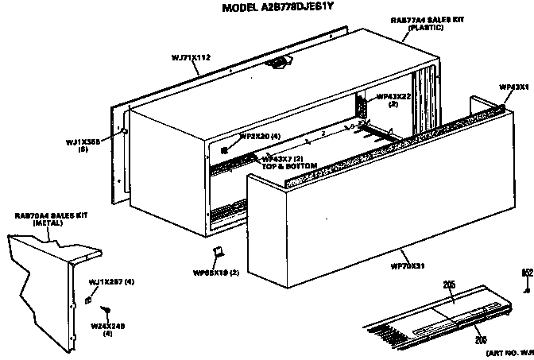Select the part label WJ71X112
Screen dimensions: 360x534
191,56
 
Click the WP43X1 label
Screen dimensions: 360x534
513,86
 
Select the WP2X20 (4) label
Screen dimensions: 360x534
259,137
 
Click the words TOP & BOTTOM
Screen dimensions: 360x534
290,166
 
